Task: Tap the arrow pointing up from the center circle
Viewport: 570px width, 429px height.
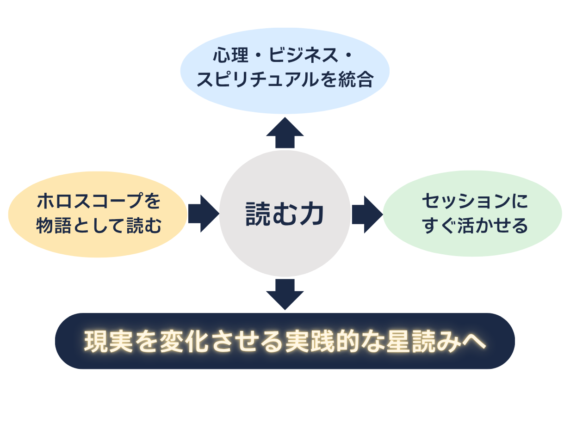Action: (285, 133)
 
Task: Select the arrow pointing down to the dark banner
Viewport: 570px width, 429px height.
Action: (285, 294)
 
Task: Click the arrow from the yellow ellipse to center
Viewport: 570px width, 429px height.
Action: (203, 214)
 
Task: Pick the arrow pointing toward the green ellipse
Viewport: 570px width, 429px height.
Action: (367, 214)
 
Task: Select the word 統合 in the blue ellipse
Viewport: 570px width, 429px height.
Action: (356, 80)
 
